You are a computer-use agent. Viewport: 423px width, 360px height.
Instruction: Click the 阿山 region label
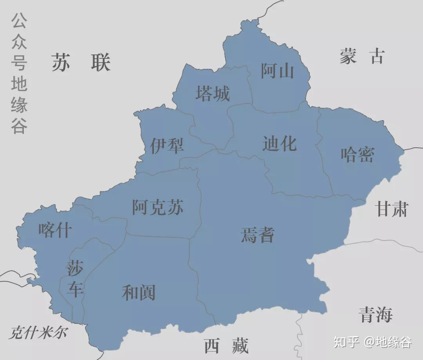tap(277, 71)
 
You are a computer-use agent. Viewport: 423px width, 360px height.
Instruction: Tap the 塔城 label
tap(213, 94)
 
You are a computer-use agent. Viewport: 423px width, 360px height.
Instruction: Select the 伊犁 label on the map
tap(167, 146)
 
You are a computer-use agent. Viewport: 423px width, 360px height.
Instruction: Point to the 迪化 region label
tap(279, 144)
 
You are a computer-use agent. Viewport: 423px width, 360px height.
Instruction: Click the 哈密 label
tap(357, 154)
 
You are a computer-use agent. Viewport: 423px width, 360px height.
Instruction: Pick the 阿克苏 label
tap(157, 207)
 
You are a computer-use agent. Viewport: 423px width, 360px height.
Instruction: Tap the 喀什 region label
tap(55, 230)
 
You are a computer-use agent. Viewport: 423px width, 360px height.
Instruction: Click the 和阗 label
tap(139, 293)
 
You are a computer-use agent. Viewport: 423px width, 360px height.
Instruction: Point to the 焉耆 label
tap(257, 235)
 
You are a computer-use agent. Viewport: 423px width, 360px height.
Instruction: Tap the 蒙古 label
tap(362, 56)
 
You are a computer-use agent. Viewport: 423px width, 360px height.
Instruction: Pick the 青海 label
tap(376, 315)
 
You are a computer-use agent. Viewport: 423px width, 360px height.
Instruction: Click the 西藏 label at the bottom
tap(226, 346)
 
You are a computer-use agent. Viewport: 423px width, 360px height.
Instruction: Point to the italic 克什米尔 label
tap(38, 333)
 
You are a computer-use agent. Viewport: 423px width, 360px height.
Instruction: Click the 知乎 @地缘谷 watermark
tap(372, 342)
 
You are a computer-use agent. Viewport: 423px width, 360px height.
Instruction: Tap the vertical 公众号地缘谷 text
tap(19, 73)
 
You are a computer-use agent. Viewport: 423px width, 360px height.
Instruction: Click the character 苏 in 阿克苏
tap(175, 207)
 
